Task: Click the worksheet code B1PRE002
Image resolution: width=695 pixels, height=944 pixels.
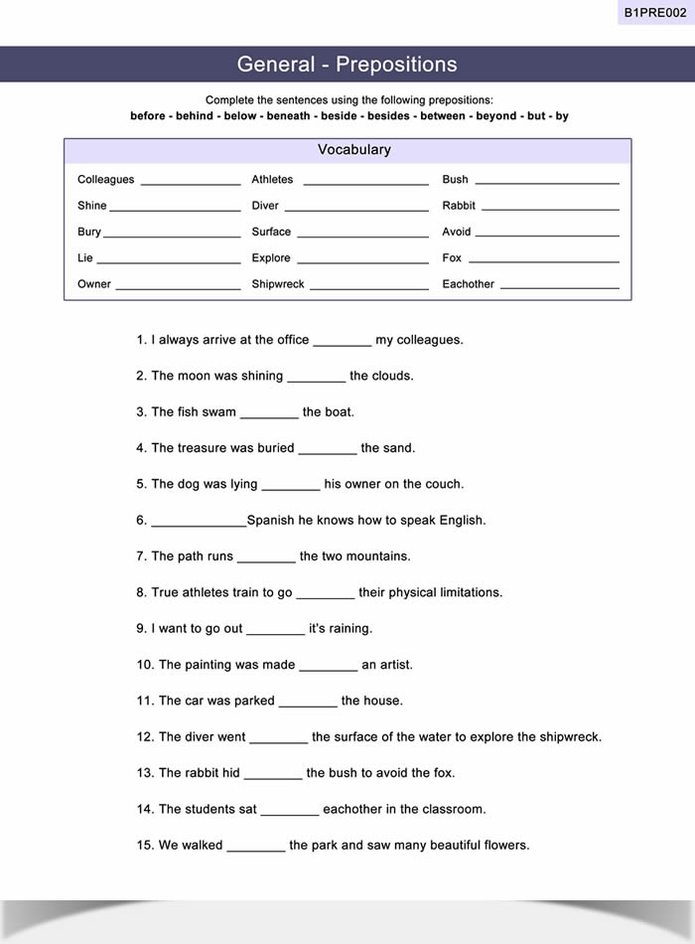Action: [654, 13]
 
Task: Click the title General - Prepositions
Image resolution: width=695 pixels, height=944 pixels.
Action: [347, 65]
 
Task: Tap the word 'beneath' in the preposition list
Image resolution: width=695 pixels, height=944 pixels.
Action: [290, 116]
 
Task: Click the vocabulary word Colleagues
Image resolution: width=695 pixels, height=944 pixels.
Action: [105, 180]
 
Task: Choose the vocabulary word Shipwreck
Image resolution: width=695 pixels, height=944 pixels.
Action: [278, 284]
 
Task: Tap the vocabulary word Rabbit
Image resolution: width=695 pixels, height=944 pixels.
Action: [459, 206]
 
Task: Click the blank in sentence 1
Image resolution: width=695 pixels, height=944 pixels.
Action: [343, 344]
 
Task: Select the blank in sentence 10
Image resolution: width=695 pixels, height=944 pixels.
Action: [329, 669]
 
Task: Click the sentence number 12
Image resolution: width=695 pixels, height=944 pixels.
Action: [145, 737]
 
